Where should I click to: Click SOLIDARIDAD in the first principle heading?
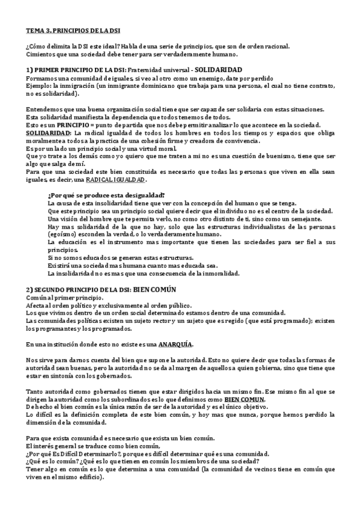point(218,70)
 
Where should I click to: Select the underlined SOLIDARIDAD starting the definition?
point(47,132)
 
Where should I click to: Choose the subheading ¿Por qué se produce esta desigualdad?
point(105,195)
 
